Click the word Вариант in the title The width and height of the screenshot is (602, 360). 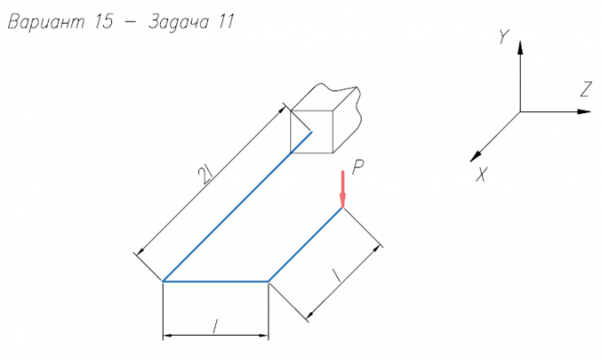click(46, 22)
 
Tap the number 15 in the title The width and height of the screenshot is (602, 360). click(104, 22)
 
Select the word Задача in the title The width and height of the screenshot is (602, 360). click(179, 23)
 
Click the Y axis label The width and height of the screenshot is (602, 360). click(503, 36)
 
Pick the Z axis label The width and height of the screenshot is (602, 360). click(586, 90)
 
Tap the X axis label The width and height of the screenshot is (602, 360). click(482, 175)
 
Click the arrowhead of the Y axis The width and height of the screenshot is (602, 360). click(521, 47)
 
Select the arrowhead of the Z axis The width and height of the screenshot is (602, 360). click(584, 111)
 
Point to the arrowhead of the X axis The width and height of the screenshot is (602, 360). click(475, 156)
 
